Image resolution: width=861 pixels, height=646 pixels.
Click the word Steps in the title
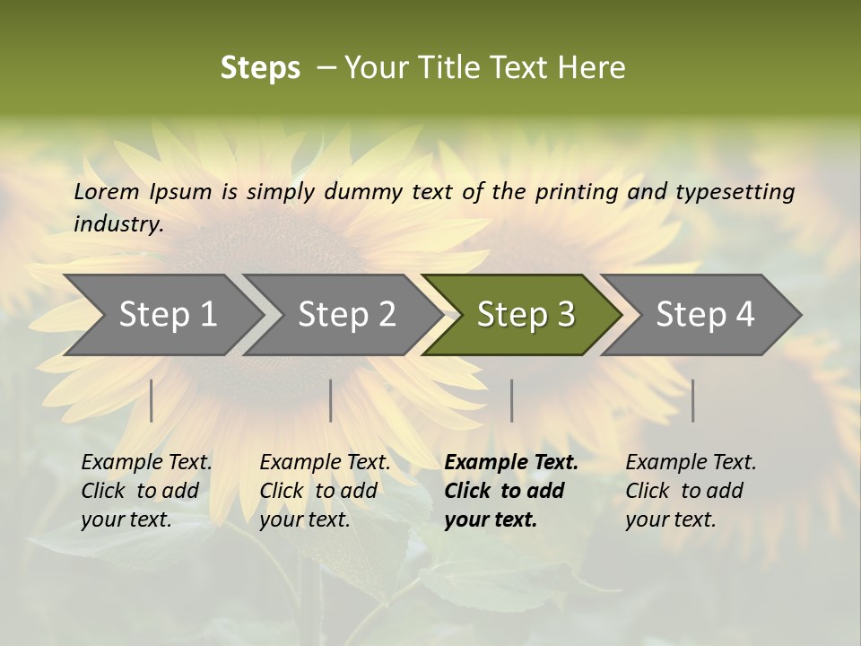click(x=260, y=68)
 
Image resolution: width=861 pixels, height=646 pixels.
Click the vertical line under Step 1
click(x=152, y=400)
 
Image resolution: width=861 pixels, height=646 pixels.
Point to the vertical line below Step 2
click(x=331, y=400)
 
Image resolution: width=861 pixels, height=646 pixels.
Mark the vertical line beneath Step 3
click(x=512, y=400)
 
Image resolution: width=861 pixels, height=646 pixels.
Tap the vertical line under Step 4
click(x=693, y=400)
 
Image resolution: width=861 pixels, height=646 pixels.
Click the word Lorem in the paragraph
click(x=106, y=191)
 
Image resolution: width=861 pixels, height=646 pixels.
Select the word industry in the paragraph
click(x=118, y=223)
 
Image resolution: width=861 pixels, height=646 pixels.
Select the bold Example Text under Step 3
click(x=511, y=462)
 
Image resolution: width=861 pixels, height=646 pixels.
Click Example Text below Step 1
click(x=146, y=462)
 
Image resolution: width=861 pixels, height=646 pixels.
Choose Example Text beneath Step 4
click(x=691, y=462)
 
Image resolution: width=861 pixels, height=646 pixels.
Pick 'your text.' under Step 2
click(x=304, y=519)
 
